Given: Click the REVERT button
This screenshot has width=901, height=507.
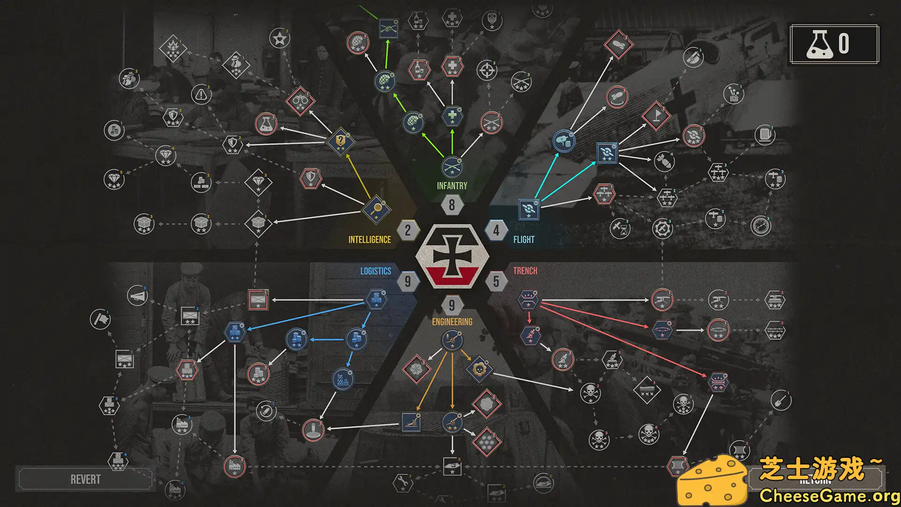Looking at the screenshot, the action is tap(85, 479).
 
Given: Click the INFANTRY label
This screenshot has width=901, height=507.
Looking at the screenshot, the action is tap(452, 186).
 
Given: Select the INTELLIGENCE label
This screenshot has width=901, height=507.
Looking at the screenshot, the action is tap(369, 240).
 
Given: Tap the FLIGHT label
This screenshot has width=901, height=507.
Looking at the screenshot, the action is tap(524, 240).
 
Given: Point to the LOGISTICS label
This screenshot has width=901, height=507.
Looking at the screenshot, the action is tap(375, 271).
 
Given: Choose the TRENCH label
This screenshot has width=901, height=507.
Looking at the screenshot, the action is tap(525, 271).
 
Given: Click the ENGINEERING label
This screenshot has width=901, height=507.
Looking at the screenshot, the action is tap(452, 322).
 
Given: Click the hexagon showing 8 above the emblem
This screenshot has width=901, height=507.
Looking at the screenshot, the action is tap(452, 205).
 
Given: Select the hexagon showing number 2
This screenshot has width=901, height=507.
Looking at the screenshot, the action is tap(408, 230).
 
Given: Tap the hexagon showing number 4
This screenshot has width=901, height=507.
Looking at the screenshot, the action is tap(496, 230).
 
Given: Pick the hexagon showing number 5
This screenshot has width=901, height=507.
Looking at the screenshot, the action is tap(496, 281).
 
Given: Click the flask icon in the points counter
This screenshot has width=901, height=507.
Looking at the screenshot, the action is tap(819, 44).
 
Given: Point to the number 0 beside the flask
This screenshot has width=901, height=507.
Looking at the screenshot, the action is tap(844, 44).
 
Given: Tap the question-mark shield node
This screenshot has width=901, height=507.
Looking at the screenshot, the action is tap(341, 141).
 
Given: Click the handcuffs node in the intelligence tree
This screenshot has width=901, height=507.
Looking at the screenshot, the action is tap(300, 100).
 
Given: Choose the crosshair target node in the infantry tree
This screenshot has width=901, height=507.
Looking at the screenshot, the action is tap(487, 70).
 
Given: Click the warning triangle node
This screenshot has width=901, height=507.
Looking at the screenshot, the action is tap(201, 95).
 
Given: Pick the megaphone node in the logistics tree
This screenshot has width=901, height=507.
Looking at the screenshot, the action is tap(137, 296).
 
